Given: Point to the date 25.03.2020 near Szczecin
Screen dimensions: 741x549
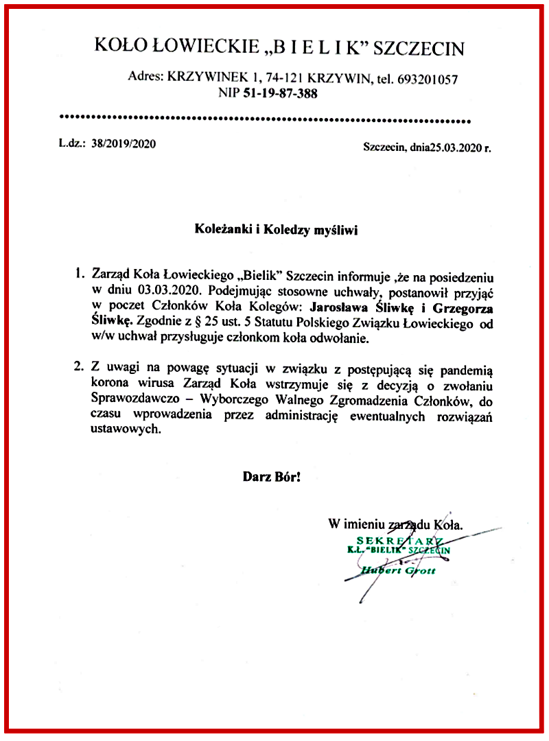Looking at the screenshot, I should coord(456,147).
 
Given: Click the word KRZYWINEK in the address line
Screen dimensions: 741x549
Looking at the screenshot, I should coord(198,79).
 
